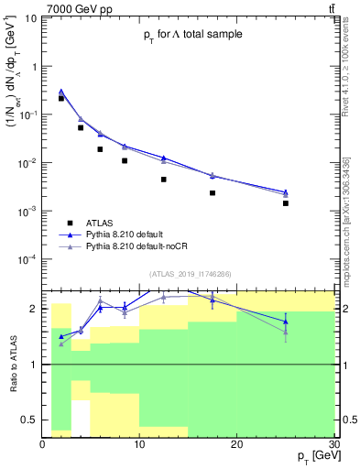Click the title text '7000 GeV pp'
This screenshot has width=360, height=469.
coord(75,8)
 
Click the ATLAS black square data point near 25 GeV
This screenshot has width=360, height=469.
coord(286,203)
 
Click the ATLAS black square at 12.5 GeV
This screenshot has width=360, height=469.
coord(164,180)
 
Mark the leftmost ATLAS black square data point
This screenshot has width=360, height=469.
coord(61,98)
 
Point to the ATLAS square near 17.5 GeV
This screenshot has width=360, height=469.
coord(213,193)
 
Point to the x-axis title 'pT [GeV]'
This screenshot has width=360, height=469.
coord(308,455)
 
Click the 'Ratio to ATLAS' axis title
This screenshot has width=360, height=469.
coord(13,364)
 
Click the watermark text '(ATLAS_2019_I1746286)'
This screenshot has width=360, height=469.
coord(191,274)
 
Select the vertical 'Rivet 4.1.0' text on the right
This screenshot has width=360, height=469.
coord(348,73)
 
